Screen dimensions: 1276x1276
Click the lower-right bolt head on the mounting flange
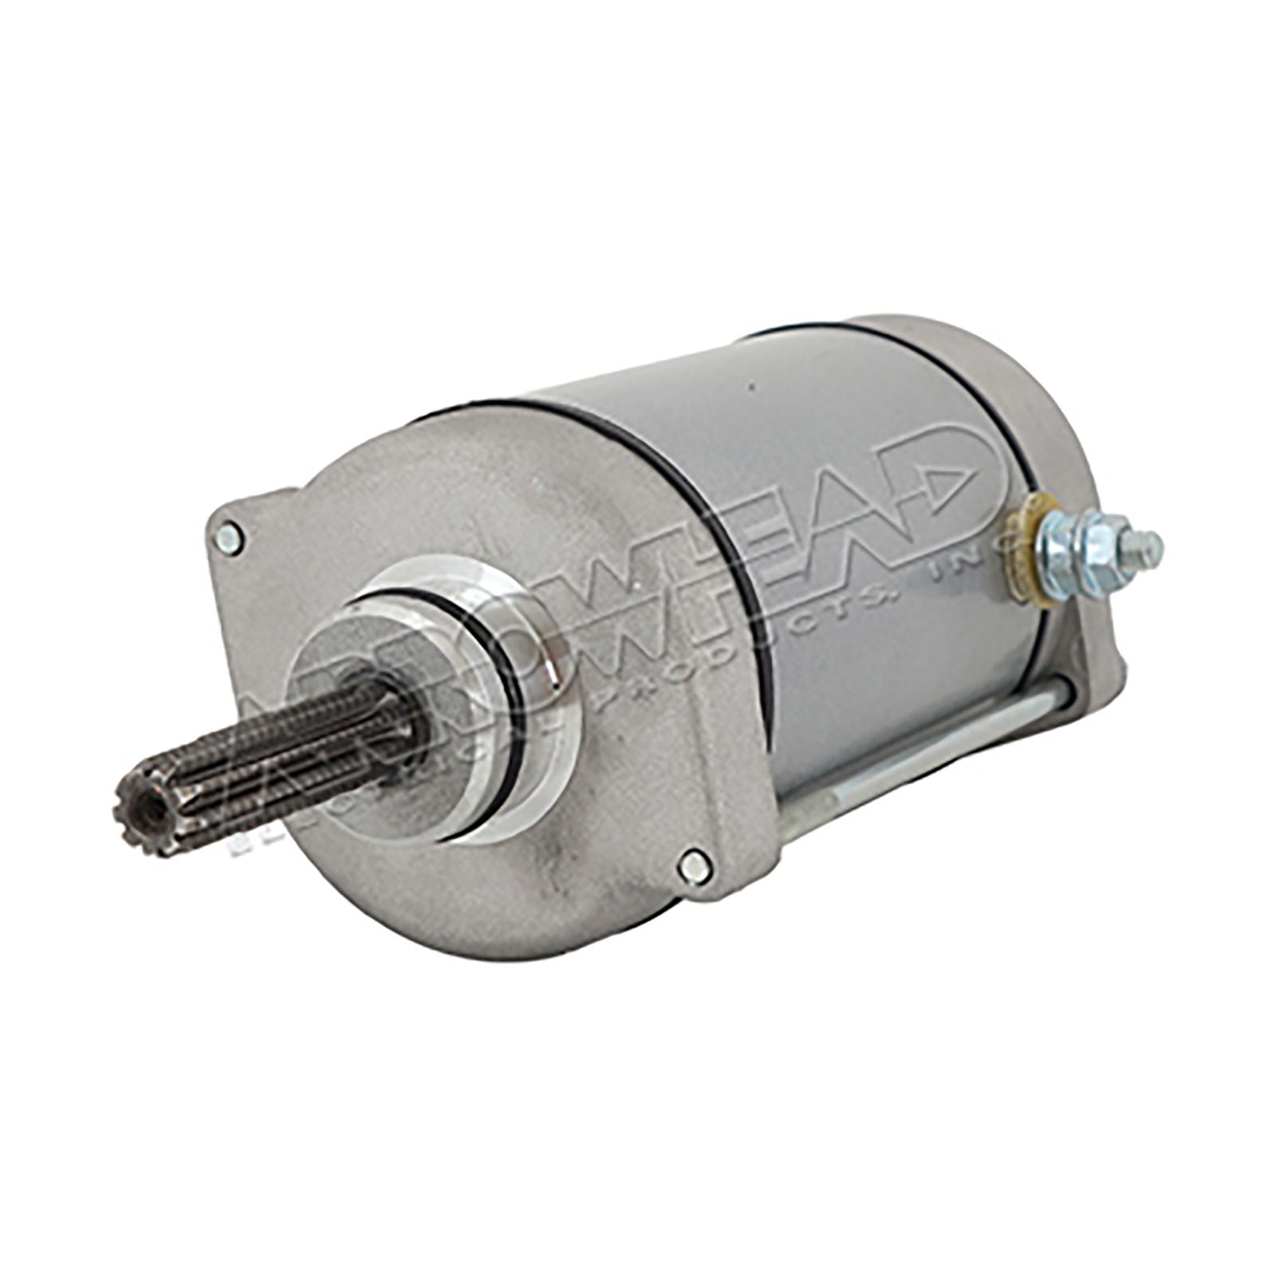pos(695,864)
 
